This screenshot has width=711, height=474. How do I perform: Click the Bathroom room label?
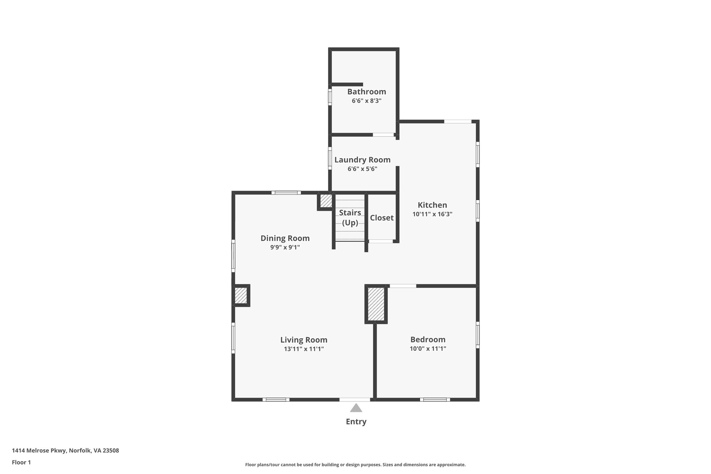367,92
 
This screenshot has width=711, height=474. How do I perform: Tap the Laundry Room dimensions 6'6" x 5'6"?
362,169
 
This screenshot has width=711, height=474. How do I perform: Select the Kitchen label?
432,205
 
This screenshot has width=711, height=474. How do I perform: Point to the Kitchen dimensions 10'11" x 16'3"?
432,214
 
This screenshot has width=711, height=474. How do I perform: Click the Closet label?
382,218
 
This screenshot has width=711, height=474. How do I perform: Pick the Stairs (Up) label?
350,217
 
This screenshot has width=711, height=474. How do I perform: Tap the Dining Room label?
285,238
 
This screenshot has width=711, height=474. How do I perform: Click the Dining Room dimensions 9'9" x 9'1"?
285,247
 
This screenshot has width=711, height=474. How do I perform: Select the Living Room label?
304,340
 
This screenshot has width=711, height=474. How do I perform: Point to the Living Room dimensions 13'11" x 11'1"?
304,349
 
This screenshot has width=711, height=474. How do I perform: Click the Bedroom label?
428,339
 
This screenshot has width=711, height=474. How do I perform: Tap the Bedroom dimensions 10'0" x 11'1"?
428,349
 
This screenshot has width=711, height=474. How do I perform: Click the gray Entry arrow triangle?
356,408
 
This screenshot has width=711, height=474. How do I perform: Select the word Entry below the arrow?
356,422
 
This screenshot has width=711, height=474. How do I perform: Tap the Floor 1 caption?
21,462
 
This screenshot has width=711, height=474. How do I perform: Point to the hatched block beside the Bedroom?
376,304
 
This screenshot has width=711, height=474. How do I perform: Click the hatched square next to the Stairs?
326,201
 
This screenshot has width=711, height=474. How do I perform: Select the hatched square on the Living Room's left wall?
241,296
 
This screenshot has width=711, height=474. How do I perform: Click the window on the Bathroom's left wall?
330,97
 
